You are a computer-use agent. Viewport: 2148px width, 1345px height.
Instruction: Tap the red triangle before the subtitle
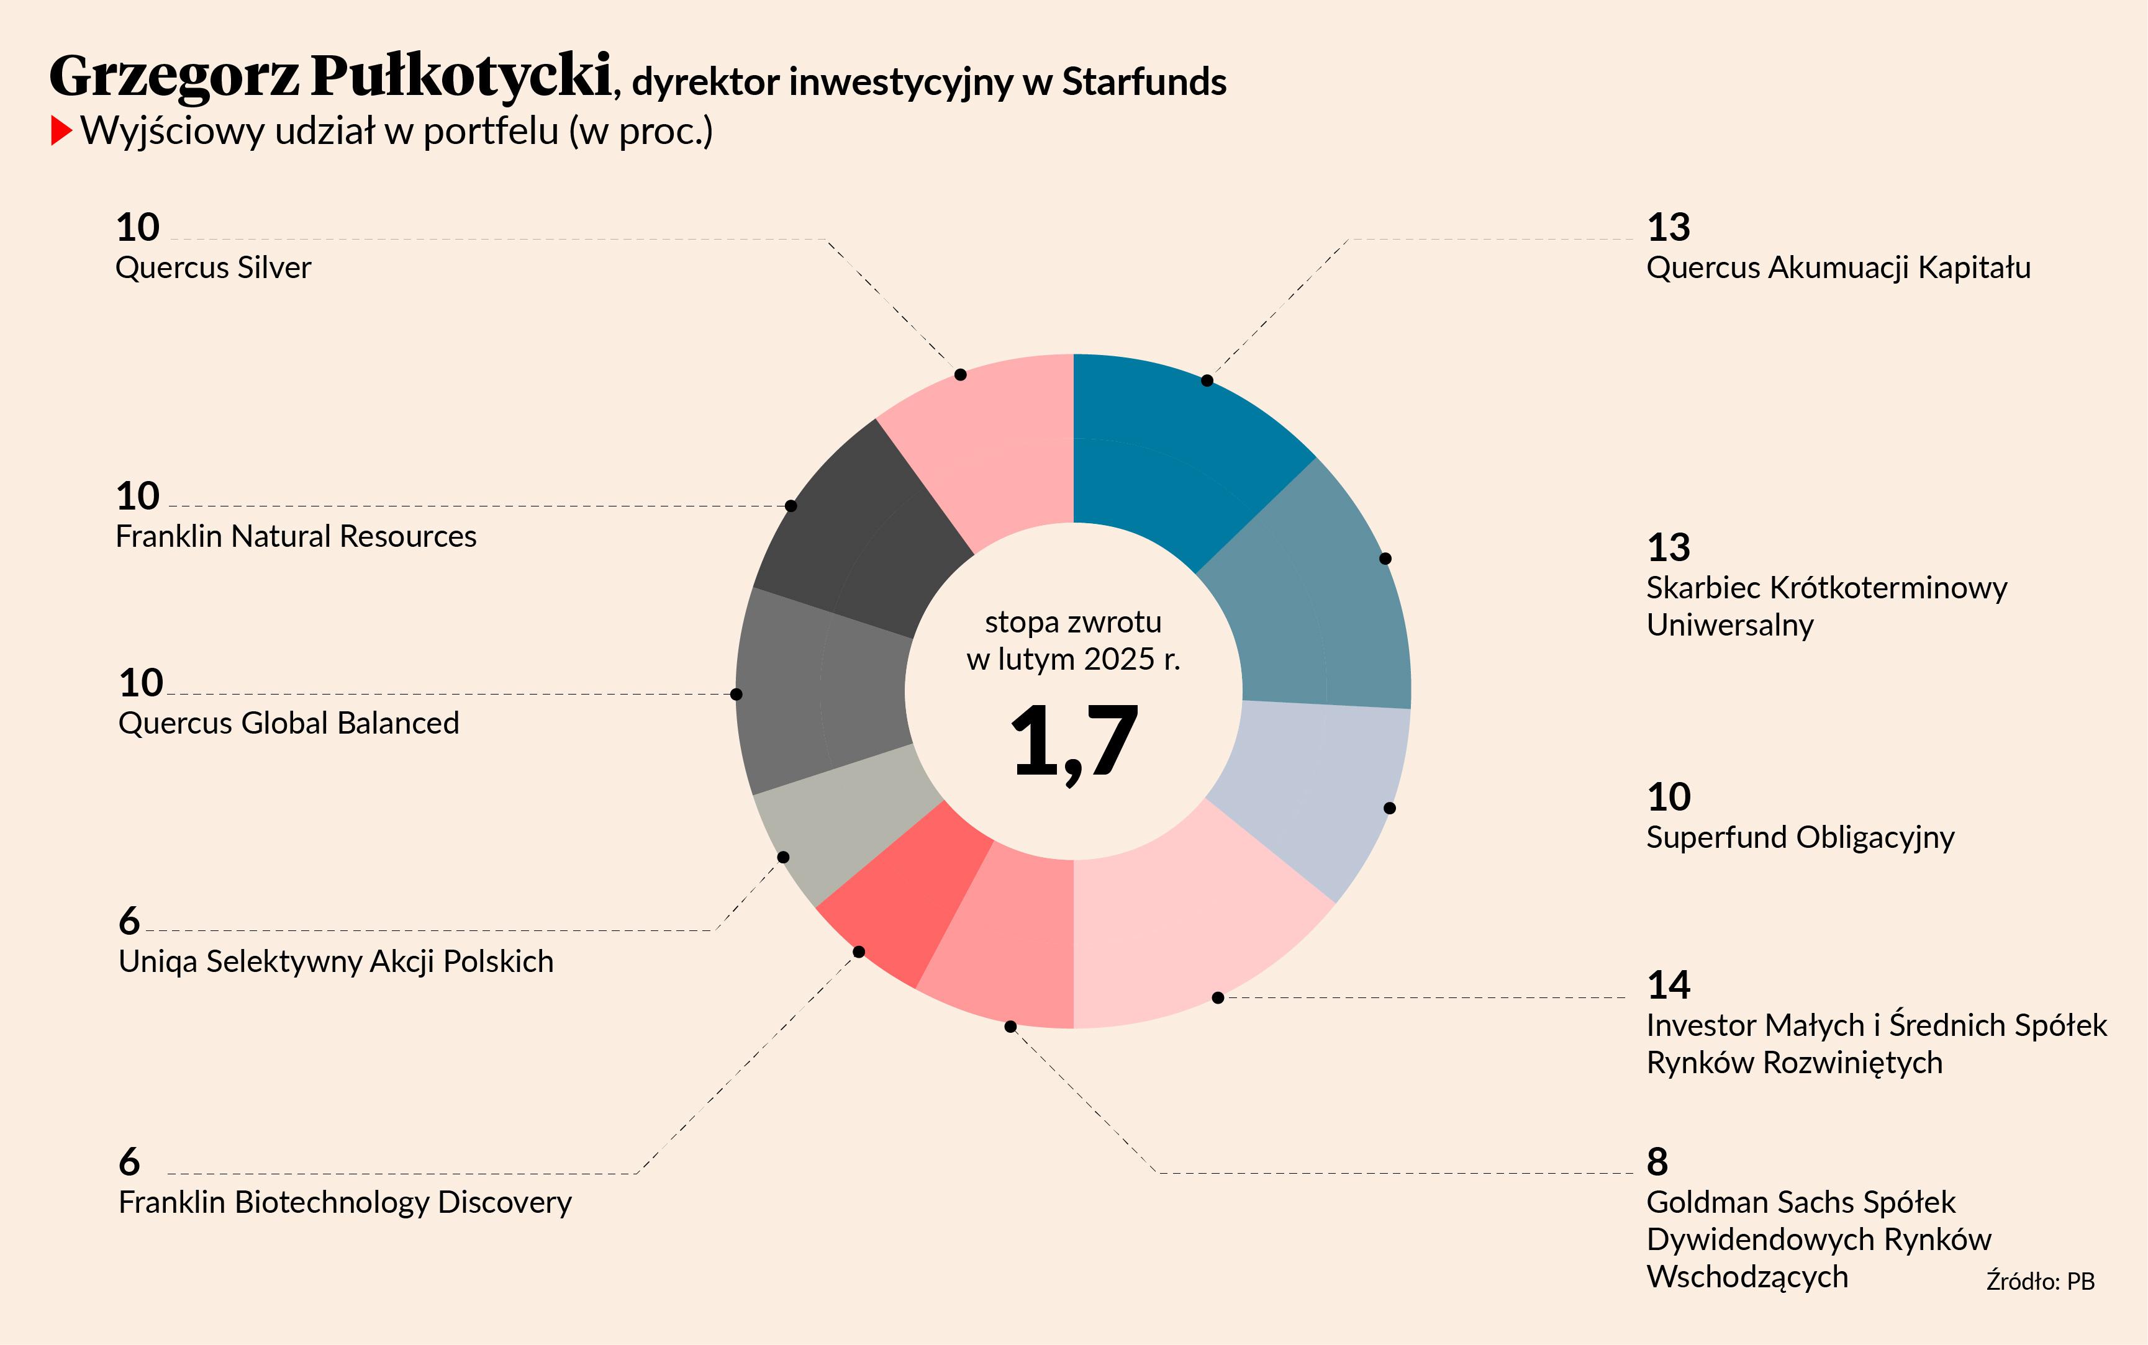click(x=60, y=132)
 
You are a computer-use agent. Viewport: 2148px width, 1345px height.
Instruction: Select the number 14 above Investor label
click(x=1669, y=985)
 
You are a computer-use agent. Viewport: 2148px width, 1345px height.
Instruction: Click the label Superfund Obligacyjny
click(x=1799, y=838)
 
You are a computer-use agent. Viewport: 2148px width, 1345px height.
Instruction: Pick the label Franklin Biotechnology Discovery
click(x=345, y=1203)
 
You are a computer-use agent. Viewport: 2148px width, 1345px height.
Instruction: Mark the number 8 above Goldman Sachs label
click(x=1657, y=1162)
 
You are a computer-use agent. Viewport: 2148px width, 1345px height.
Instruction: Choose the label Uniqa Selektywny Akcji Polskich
click(x=335, y=961)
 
